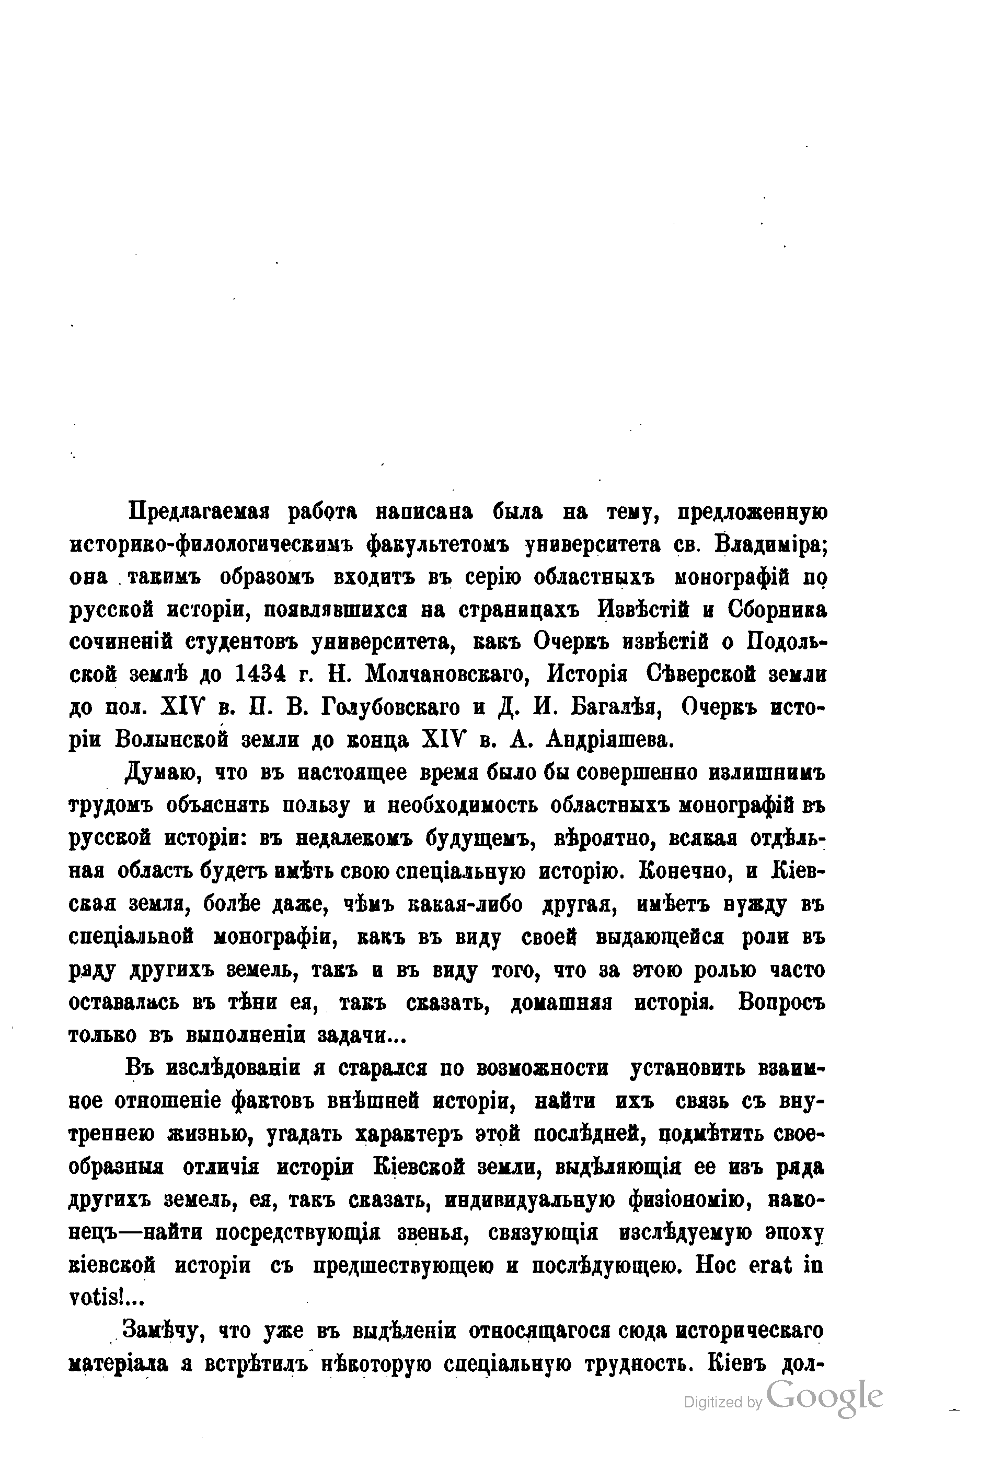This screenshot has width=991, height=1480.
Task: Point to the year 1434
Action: (259, 674)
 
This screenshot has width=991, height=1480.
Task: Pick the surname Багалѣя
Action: (616, 707)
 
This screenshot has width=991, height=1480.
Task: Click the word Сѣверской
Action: (695, 674)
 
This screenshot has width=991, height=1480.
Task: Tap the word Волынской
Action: (164, 740)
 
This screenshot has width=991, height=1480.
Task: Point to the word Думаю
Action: (163, 773)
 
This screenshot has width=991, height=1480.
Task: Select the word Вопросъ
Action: (781, 1003)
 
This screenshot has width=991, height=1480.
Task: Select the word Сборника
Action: (777, 610)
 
